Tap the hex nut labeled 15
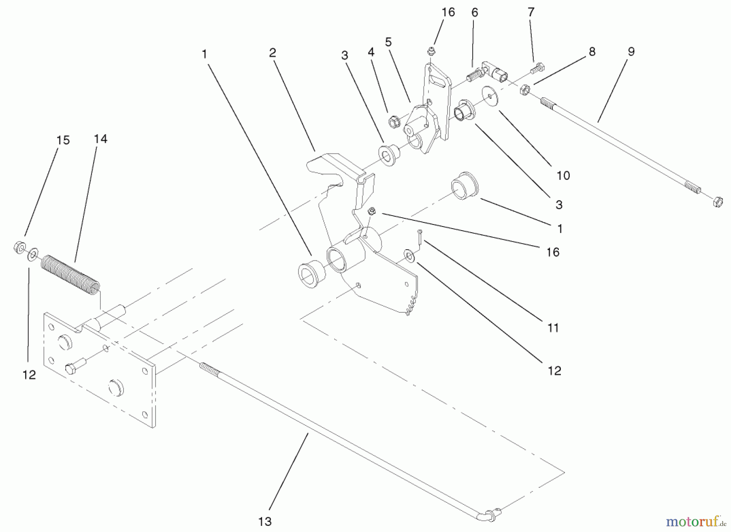[18, 246]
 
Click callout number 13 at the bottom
[264, 521]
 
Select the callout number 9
[631, 52]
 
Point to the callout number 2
[272, 52]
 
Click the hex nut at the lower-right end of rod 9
[718, 202]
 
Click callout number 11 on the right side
[553, 327]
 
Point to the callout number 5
[388, 42]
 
